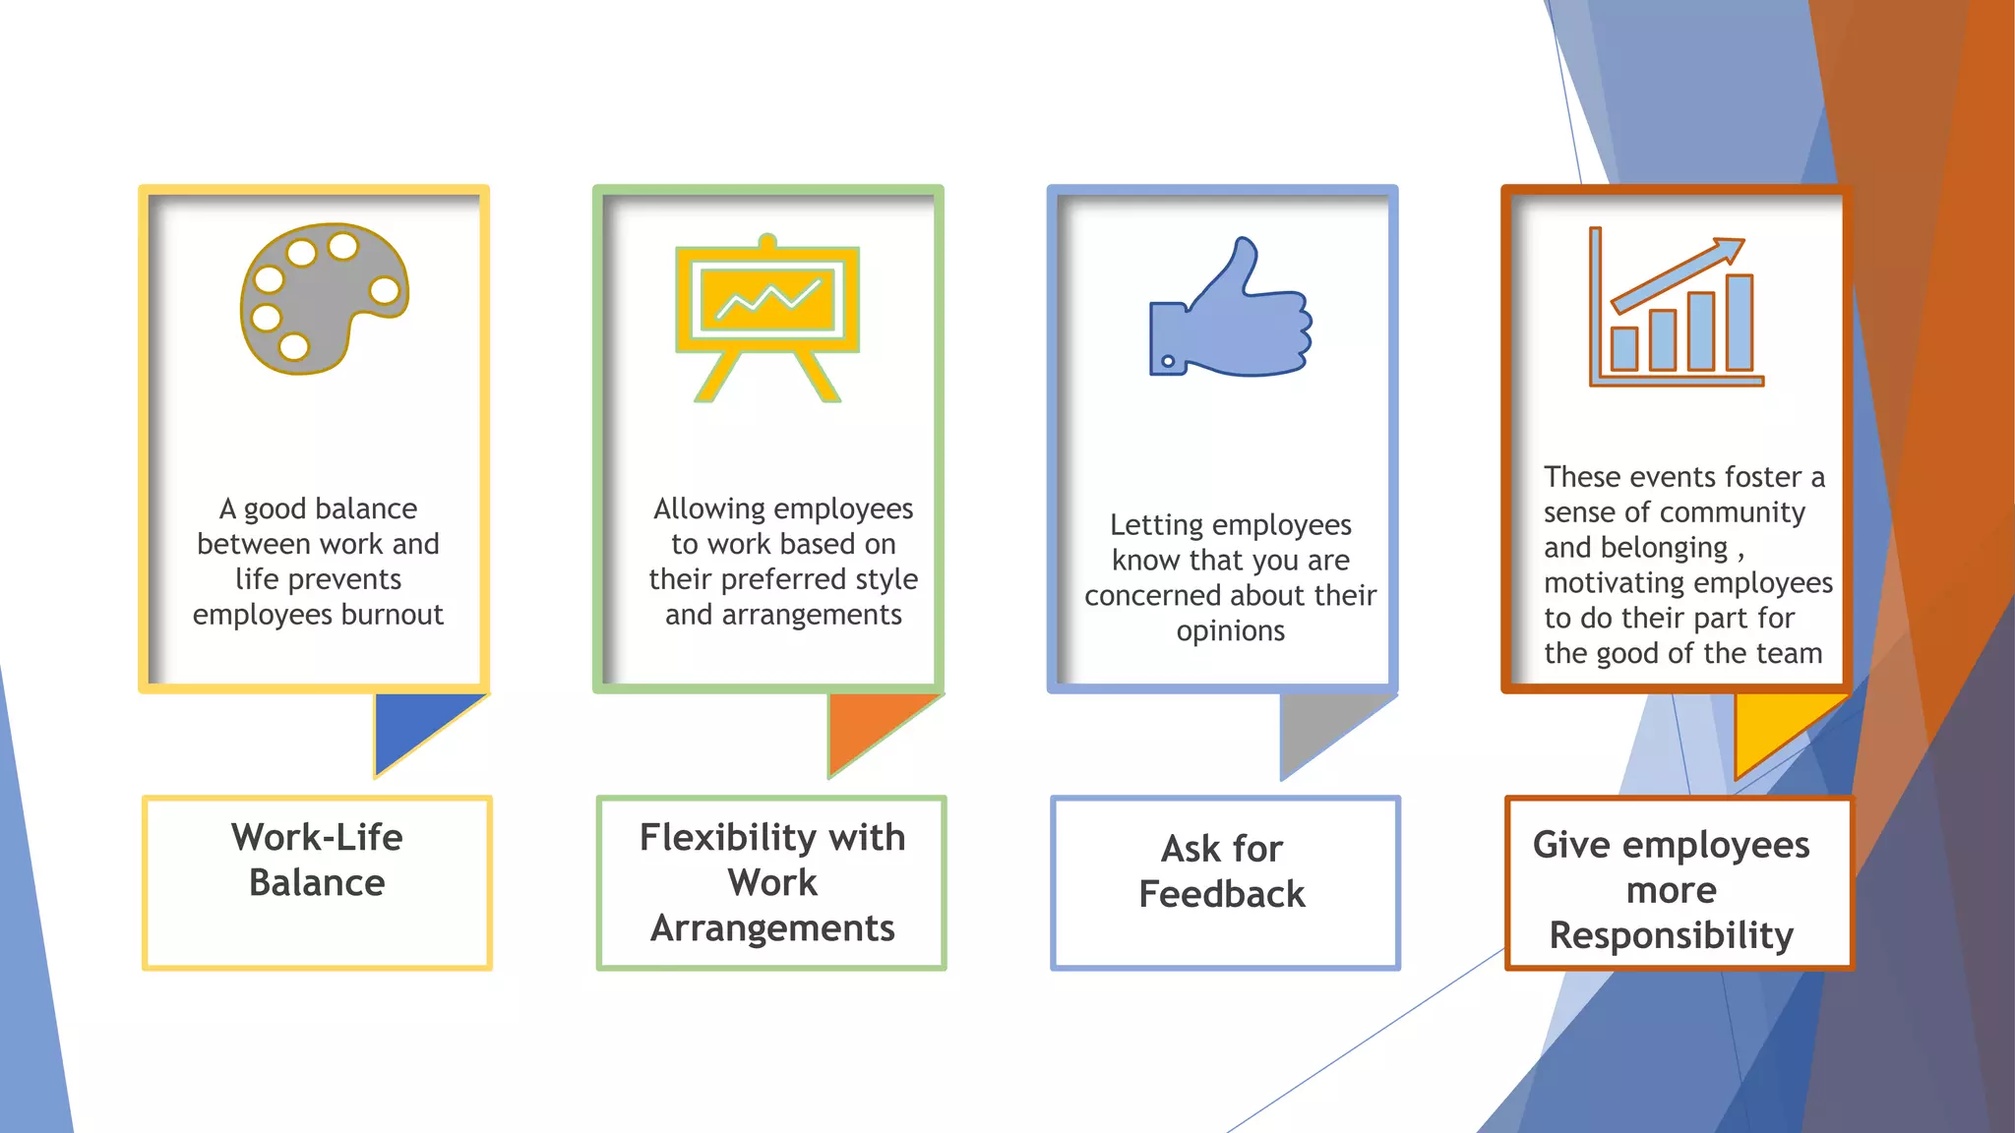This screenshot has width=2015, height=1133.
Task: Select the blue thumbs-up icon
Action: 1230,310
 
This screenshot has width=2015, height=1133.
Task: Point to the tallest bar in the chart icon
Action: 1739,323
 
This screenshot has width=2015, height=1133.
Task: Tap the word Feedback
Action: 1222,894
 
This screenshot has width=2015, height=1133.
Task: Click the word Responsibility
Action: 1671,935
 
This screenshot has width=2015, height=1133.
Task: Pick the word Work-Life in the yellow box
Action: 317,838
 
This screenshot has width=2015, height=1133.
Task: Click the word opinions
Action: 1230,630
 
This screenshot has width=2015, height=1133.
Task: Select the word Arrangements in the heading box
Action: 772,928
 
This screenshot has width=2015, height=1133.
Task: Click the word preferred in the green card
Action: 784,579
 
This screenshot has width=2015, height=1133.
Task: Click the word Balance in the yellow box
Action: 317,883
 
